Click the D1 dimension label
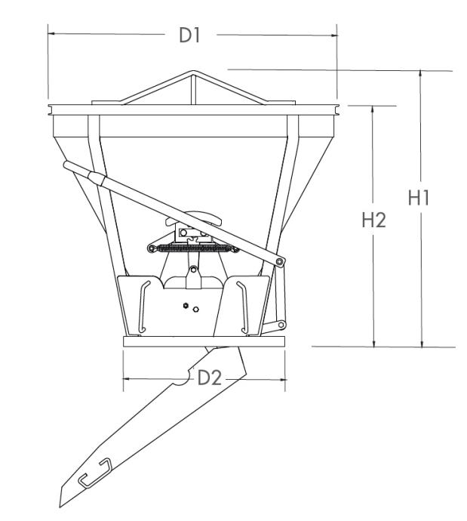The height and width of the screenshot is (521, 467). (x=189, y=35)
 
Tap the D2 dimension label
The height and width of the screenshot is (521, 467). (x=209, y=378)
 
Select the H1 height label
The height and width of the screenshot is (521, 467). (x=419, y=197)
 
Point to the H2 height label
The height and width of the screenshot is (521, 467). (x=373, y=220)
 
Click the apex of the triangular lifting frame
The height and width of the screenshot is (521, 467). (x=193, y=71)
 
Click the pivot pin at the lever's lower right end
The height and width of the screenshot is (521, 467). (x=281, y=262)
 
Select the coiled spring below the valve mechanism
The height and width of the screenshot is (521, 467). (x=193, y=248)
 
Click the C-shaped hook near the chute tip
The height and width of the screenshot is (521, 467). (x=95, y=472)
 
